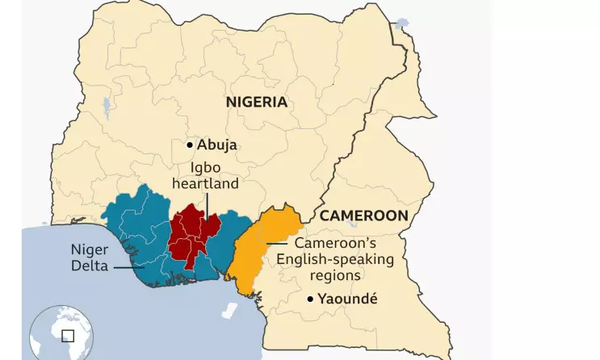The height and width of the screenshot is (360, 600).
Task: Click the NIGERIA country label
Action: pyautogui.click(x=256, y=102)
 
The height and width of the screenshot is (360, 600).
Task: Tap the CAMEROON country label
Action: pyautogui.click(x=363, y=216)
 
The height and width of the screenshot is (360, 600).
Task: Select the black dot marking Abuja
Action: pyautogui.click(x=190, y=145)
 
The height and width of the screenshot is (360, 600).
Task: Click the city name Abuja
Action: pyautogui.click(x=217, y=146)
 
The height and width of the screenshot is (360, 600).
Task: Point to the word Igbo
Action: pyautogui.click(x=205, y=168)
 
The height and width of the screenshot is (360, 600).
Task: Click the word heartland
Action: pyautogui.click(x=205, y=184)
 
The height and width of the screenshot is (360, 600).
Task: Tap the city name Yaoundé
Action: pyautogui.click(x=347, y=300)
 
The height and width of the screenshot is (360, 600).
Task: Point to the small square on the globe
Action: pyautogui.click(x=68, y=335)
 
